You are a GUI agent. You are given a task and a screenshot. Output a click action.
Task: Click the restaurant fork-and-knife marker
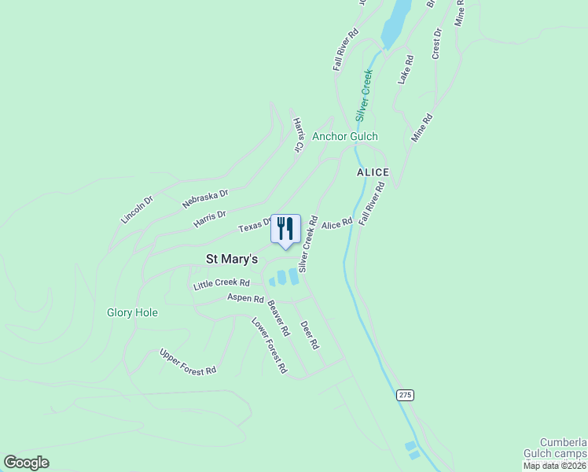pos(285,229)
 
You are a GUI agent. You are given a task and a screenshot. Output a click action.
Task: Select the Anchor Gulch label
pos(345,136)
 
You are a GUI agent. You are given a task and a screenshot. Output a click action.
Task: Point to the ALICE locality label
pos(373,172)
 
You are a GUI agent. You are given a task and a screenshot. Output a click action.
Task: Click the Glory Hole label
pos(132,312)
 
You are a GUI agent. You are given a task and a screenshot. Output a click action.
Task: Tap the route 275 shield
pos(405,395)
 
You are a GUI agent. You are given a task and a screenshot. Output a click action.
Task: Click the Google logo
pos(27,463)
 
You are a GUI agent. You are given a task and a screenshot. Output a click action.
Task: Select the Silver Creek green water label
pos(362,95)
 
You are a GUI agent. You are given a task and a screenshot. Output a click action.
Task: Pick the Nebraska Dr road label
pos(204,198)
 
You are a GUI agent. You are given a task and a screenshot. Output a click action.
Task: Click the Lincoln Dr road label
pos(137,209)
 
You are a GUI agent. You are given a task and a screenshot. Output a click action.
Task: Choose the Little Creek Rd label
pos(222,284)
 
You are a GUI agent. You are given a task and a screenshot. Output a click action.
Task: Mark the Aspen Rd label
pos(245,298)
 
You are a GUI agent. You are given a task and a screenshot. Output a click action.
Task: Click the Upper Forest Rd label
pos(187,362)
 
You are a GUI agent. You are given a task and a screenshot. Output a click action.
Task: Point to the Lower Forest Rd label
pos(269,345)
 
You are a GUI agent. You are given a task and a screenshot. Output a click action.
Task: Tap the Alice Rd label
pos(336,224)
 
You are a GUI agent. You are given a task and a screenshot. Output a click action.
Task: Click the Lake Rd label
pos(405,70)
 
